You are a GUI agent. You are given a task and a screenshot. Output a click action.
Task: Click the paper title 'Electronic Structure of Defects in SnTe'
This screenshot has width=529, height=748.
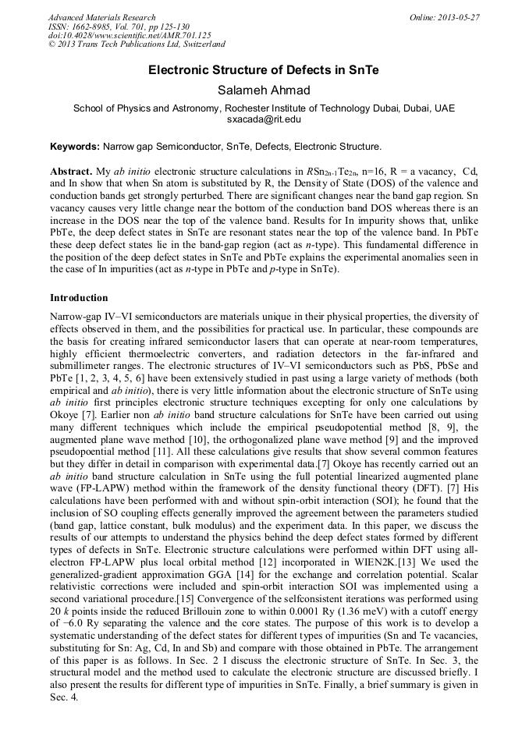point(264,70)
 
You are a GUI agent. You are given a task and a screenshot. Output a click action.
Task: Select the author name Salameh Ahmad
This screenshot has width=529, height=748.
point(264,90)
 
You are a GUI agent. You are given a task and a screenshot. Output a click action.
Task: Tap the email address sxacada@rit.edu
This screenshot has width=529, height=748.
point(264,119)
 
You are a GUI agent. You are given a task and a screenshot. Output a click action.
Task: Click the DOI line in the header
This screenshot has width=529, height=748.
point(130,35)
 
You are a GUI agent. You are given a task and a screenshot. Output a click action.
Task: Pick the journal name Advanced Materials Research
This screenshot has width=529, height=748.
point(102,17)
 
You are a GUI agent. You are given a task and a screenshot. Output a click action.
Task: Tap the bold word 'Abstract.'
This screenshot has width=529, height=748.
point(71,171)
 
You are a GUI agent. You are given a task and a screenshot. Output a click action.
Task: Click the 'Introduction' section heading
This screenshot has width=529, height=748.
point(79,298)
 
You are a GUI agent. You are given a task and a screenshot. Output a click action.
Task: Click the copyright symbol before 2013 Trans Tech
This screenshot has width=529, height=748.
point(53,44)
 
